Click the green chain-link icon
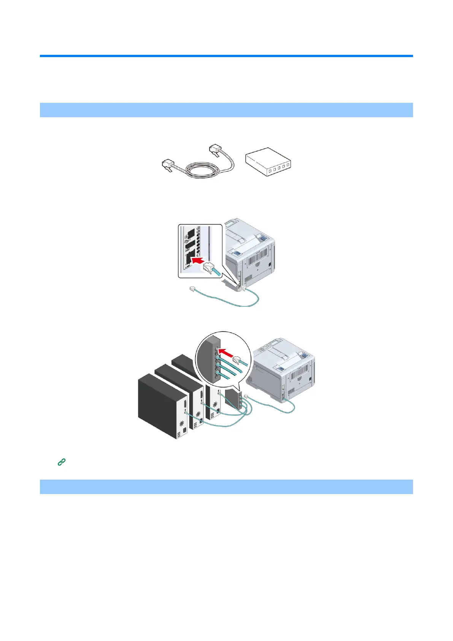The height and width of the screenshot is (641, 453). click(x=62, y=462)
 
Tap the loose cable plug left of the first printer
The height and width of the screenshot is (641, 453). click(x=192, y=290)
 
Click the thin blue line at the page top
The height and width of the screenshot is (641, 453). click(x=226, y=56)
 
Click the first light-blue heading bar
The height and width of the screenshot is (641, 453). click(x=226, y=110)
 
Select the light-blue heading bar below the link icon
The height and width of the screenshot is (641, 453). click(x=226, y=486)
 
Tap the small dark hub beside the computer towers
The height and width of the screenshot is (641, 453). click(x=233, y=397)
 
